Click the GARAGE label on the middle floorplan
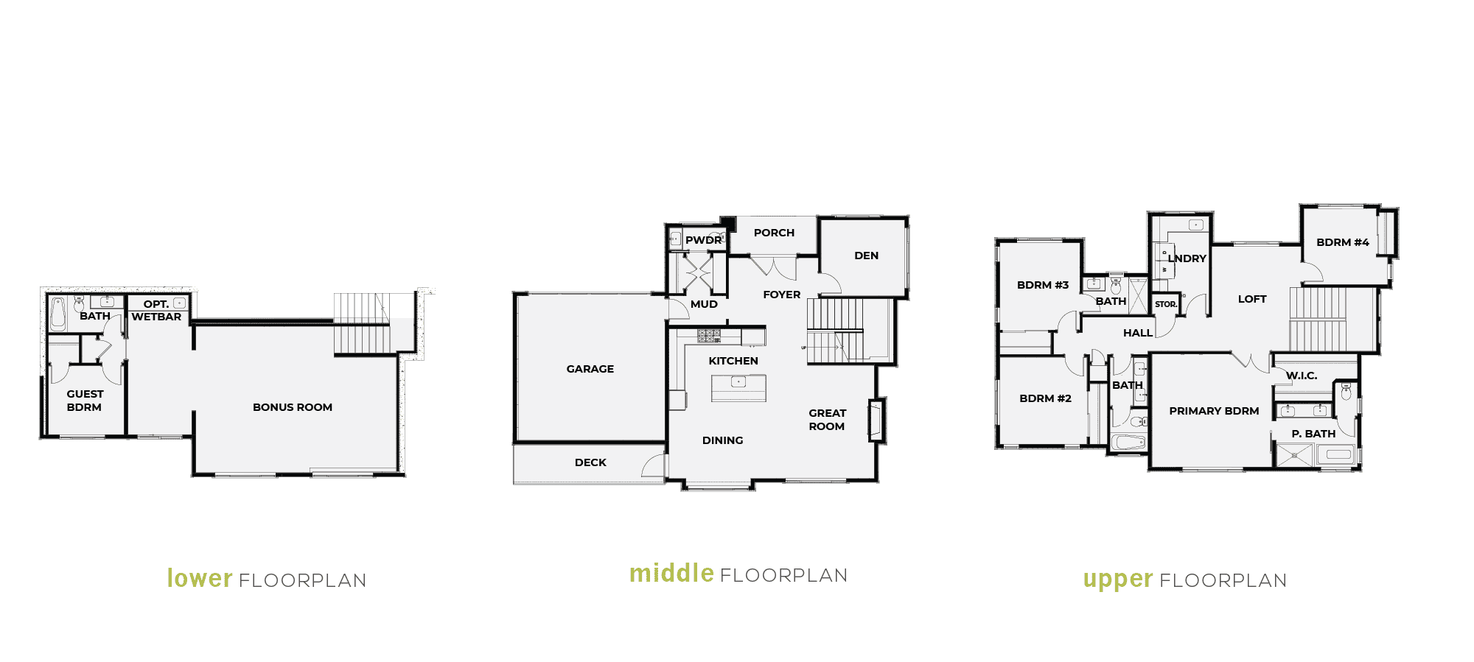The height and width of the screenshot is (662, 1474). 590,369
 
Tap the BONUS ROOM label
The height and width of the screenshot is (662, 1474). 293,407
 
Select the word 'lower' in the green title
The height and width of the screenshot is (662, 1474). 200,578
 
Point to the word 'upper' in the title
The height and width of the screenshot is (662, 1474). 1118,580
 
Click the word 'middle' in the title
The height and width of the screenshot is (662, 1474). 671,573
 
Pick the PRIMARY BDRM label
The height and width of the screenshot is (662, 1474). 1214,411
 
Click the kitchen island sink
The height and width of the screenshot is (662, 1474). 738,381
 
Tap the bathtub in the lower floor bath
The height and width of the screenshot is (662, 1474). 57,314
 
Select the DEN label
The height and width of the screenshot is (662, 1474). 866,256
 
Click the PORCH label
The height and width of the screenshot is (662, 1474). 774,233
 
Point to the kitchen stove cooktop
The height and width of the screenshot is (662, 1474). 709,337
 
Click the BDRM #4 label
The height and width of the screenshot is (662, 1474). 1343,242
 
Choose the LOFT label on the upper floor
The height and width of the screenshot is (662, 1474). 1252,299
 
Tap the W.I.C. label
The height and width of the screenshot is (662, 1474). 1302,376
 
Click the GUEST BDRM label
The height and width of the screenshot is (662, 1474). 85,401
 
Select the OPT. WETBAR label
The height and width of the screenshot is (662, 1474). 156,310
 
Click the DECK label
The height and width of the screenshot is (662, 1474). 590,462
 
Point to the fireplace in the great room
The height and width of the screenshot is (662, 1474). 876,420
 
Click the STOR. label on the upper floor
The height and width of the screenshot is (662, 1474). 1166,304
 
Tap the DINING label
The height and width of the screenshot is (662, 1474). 722,440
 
